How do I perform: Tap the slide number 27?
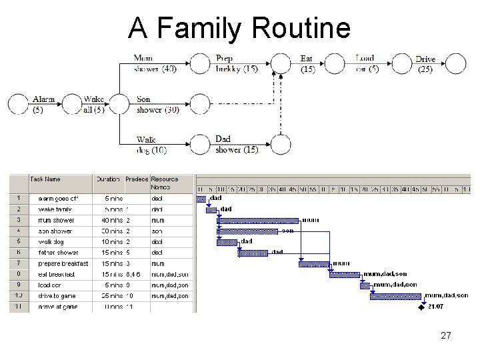446,335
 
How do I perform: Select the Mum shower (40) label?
155,63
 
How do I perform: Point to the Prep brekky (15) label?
236,63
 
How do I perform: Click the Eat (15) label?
307,63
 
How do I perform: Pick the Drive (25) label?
425,63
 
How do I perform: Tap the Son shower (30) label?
157,105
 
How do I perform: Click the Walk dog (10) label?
151,145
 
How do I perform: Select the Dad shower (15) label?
237,145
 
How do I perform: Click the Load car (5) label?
367,63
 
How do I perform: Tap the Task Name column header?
45,179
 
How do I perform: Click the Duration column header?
108,179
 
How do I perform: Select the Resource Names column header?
165,183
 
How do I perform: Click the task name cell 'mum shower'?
56,220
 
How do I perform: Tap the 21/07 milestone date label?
436,307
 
